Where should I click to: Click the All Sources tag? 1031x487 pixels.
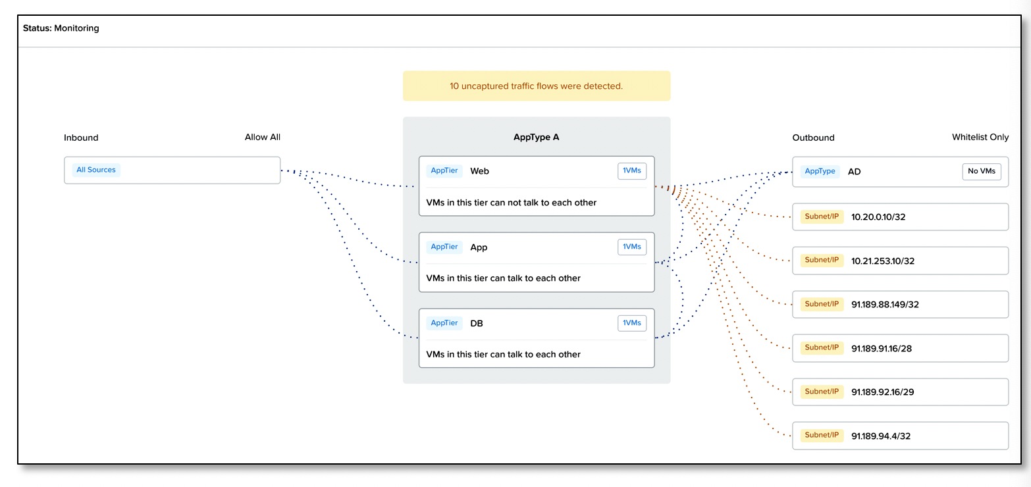click(95, 170)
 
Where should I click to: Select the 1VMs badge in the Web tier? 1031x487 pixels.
click(631, 170)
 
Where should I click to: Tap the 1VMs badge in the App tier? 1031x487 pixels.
click(631, 247)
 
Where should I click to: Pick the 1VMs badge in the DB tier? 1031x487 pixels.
click(631, 323)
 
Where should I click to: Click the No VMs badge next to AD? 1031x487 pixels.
click(981, 171)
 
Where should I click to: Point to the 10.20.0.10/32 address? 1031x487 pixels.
click(878, 217)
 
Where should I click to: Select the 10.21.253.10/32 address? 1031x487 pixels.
click(883, 261)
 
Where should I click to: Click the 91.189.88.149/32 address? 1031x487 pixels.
click(885, 305)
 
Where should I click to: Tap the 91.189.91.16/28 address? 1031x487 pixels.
click(882, 348)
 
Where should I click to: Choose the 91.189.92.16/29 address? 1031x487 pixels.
click(882, 392)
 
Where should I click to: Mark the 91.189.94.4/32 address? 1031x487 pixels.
click(880, 436)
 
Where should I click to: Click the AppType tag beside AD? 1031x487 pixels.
click(820, 171)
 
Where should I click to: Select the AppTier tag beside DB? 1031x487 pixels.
click(444, 323)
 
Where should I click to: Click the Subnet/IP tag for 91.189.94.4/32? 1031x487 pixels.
click(822, 436)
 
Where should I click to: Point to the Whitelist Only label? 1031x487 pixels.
click(980, 137)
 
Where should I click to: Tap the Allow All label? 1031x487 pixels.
click(262, 137)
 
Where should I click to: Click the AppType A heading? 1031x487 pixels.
click(536, 137)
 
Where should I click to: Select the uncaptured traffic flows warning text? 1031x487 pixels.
click(536, 86)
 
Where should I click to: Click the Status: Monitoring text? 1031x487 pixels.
click(61, 28)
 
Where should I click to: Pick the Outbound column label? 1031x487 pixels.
click(813, 138)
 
